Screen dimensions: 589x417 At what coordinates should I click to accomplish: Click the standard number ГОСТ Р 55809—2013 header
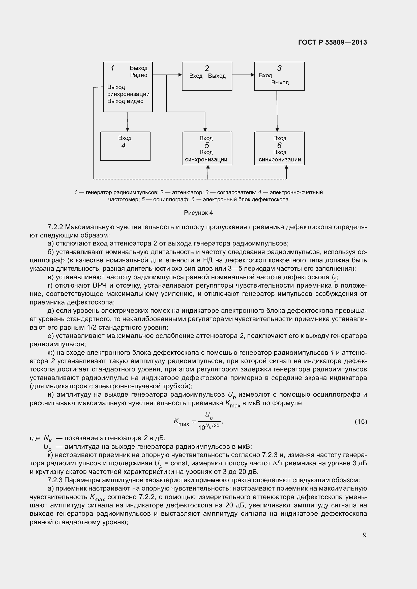tap(333, 42)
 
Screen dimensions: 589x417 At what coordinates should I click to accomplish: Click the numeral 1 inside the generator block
tap(112, 68)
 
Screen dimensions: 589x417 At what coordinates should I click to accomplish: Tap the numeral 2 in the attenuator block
tap(207, 68)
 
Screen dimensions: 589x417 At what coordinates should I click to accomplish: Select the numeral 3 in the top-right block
tap(279, 68)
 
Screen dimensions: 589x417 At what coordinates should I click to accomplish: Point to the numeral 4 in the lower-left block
tap(124, 146)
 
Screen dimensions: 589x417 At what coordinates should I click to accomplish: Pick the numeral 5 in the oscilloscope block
tap(207, 146)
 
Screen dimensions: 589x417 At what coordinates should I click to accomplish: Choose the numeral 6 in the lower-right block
tap(279, 146)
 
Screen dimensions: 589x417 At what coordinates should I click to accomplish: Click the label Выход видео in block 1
tap(125, 101)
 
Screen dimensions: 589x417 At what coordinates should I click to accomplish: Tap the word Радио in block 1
tap(139, 75)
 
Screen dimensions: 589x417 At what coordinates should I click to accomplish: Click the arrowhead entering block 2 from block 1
tap(180, 75)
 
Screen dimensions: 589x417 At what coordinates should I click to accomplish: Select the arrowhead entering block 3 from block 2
tap(253, 75)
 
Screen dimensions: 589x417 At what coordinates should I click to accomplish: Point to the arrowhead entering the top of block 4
tap(127, 130)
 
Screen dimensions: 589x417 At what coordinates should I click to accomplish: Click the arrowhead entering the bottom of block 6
tap(287, 167)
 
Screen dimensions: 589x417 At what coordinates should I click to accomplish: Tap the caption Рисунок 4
tap(198, 213)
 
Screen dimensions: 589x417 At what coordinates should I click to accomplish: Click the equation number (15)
tap(361, 422)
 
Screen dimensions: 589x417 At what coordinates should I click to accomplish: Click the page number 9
tap(365, 535)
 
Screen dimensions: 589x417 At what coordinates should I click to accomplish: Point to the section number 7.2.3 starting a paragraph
tap(55, 480)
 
